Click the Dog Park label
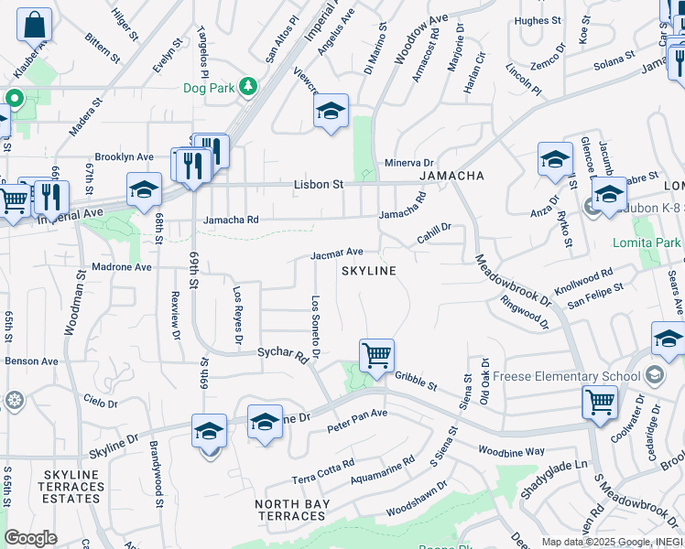pyautogui.click(x=210, y=88)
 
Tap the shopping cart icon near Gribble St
pyautogui.click(x=376, y=355)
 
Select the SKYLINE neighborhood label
pyautogui.click(x=369, y=271)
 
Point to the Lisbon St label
pyautogui.click(x=318, y=184)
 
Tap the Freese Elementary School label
pyautogui.click(x=567, y=376)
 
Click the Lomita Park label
pyautogui.click(x=647, y=242)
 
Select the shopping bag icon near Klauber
pyautogui.click(x=34, y=26)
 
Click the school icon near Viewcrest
pyautogui.click(x=331, y=113)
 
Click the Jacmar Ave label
pyautogui.click(x=336, y=253)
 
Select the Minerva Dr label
pyautogui.click(x=408, y=161)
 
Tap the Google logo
pyautogui.click(x=31, y=538)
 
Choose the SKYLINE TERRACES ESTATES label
pyautogui.click(x=71, y=486)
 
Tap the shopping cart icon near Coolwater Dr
pyautogui.click(x=599, y=401)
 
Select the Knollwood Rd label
pyautogui.click(x=583, y=277)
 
